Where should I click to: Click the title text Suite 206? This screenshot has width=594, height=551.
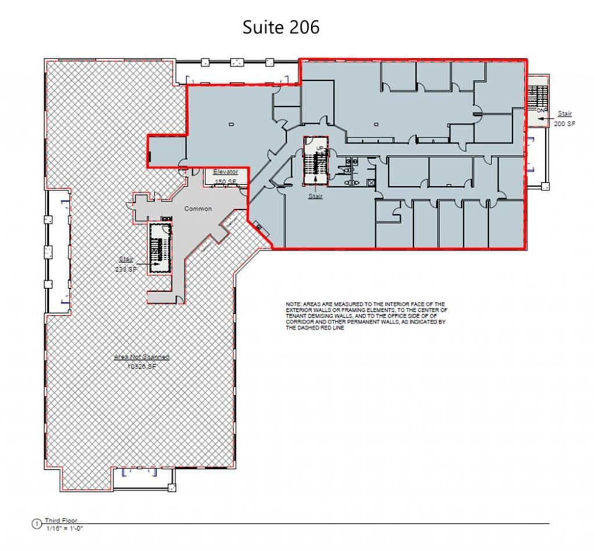click(281, 27)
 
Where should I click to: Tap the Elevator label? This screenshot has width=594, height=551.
click(225, 172)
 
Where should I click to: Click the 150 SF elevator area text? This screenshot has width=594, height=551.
click(225, 182)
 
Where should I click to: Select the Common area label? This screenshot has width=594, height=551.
click(198, 208)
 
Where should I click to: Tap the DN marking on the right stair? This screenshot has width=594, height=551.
click(540, 109)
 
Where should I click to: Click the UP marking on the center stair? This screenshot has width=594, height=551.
click(320, 149)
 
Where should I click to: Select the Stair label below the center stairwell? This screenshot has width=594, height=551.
click(314, 196)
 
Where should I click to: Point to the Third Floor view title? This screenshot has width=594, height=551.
click(61, 521)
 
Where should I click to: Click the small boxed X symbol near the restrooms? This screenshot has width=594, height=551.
click(371, 182)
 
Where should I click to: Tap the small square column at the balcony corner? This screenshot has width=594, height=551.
click(544, 186)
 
